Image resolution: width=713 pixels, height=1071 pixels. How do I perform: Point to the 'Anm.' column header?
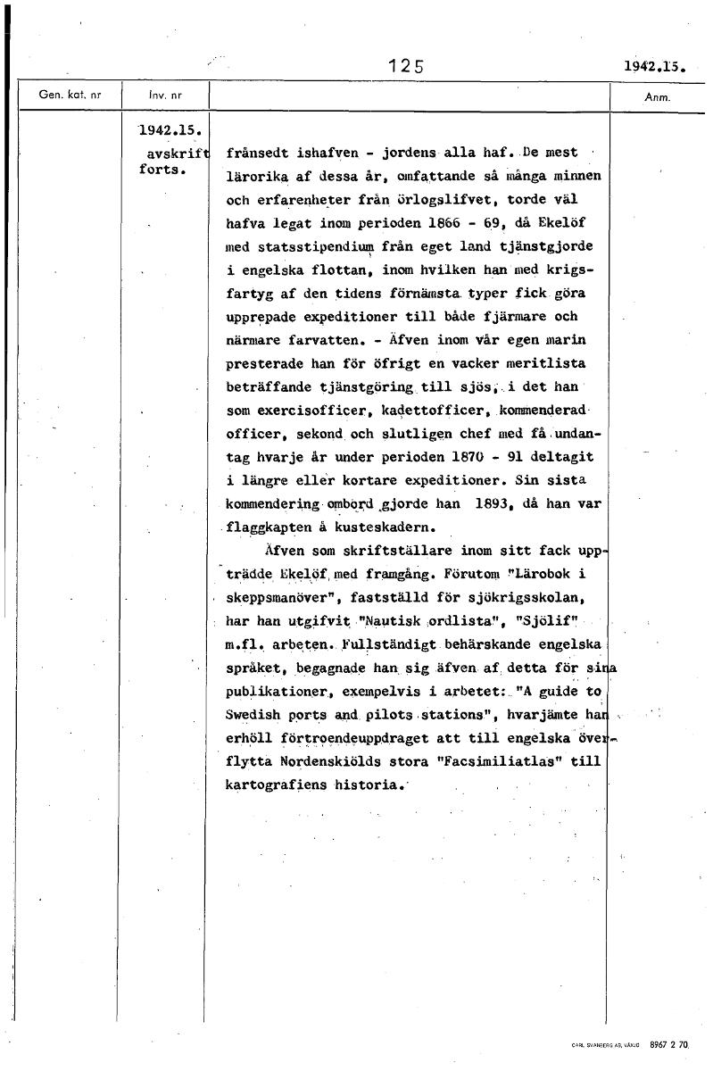tap(657, 96)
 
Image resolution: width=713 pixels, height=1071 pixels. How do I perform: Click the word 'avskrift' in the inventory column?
tap(175, 151)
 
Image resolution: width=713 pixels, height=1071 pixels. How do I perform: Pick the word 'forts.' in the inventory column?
tap(162, 170)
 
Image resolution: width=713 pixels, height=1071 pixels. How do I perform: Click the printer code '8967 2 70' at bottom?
tap(676, 1043)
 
